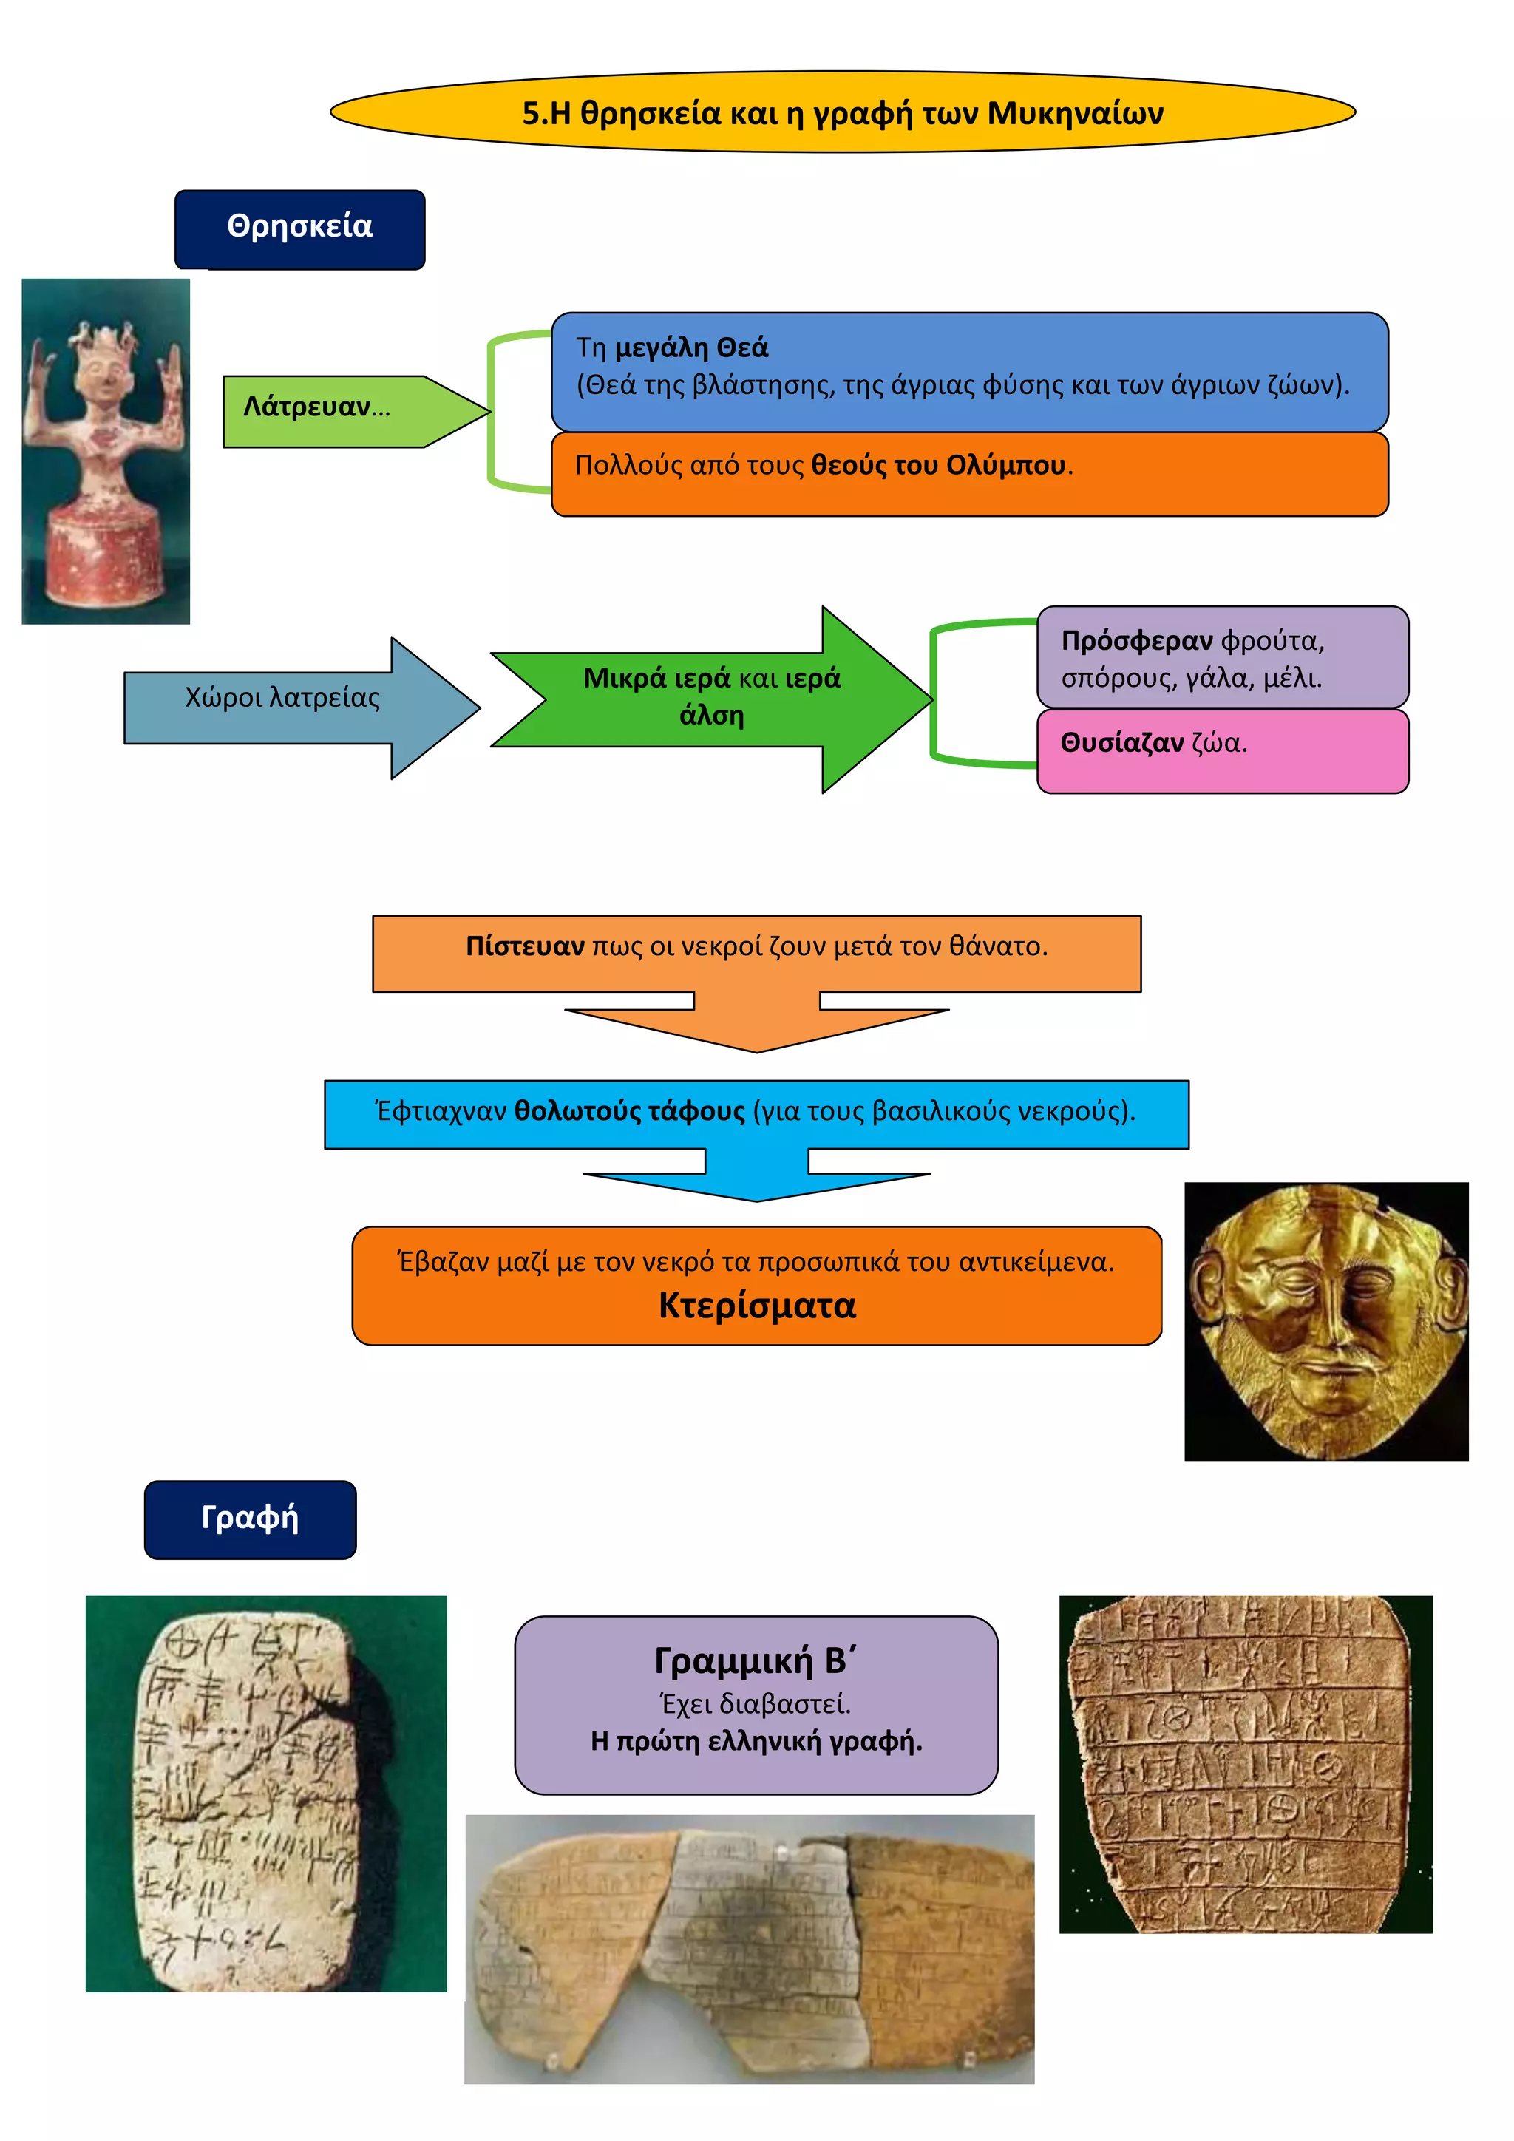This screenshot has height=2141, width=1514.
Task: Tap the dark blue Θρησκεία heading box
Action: (299, 227)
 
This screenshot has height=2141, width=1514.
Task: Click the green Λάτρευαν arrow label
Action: (317, 407)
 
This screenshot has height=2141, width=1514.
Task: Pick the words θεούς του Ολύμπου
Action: (938, 465)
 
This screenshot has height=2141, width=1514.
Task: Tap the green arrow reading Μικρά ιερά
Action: (711, 696)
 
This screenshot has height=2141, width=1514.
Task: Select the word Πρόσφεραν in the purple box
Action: (1136, 642)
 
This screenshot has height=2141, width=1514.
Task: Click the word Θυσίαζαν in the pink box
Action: (1121, 743)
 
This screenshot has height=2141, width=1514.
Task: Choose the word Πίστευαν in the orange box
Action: (525, 946)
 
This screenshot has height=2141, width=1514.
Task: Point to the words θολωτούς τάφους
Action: (629, 1111)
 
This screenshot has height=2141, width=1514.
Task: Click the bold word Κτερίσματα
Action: (757, 1306)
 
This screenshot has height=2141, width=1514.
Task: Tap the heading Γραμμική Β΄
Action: (755, 1660)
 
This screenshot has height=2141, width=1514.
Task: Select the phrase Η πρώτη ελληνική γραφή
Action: (756, 1741)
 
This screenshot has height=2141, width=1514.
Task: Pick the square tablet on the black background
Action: (1245, 1762)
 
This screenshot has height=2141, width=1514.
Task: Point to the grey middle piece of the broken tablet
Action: (755, 1940)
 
